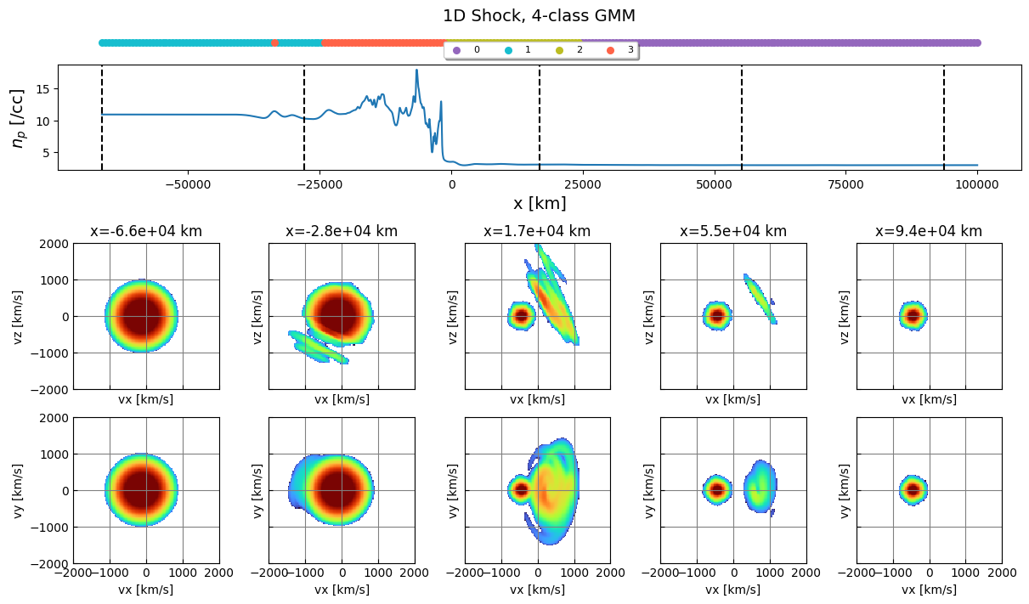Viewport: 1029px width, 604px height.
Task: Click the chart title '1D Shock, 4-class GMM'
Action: [539, 15]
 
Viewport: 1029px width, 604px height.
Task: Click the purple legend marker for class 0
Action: [456, 51]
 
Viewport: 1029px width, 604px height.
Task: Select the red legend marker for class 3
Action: [610, 51]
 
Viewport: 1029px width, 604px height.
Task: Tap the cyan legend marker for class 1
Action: [508, 51]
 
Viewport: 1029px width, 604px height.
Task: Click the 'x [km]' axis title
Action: [539, 204]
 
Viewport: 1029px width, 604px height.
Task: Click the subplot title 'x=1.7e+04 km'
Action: [537, 231]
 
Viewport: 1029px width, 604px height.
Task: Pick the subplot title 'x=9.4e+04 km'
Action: [929, 231]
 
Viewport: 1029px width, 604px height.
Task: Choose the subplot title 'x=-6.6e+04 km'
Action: [146, 231]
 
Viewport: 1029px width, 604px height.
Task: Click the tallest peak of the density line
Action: [416, 71]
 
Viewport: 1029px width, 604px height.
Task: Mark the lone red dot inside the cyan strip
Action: [274, 42]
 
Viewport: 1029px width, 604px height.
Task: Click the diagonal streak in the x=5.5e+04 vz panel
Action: [760, 298]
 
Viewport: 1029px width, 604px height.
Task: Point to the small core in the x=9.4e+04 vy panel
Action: [913, 490]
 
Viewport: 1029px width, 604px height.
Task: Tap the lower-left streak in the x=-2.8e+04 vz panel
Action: [319, 347]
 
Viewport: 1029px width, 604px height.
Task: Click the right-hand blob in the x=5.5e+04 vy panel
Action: [760, 487]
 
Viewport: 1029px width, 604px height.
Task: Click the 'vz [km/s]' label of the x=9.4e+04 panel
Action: [845, 316]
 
